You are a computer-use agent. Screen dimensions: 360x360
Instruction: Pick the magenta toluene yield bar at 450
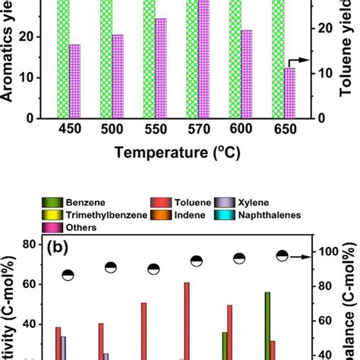tap(74, 81)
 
